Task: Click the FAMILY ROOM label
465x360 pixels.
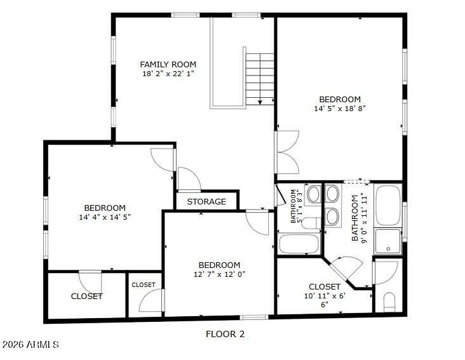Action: point(168,64)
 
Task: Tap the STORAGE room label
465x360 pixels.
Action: point(206,202)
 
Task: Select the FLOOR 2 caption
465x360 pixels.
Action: point(226,334)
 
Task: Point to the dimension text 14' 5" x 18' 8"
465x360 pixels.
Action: point(340,109)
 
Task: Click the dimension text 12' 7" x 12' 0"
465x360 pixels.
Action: point(219,274)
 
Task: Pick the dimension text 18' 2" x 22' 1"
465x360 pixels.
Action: point(168,74)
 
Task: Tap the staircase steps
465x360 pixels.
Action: point(260,79)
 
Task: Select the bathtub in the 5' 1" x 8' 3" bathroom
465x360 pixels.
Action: point(299,244)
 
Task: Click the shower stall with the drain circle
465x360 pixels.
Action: point(388,241)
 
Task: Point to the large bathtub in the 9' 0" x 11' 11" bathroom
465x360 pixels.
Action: point(388,205)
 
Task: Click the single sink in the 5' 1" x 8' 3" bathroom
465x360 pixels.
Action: point(313,195)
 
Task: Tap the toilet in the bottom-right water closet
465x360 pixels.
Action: point(389,302)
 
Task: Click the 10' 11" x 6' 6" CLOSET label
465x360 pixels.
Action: point(325,287)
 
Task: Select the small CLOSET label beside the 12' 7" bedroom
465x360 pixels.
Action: point(144,284)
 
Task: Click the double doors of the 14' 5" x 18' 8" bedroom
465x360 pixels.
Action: point(286,152)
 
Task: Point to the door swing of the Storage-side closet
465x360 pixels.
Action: point(189,179)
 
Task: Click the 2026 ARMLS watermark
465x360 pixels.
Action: point(30,344)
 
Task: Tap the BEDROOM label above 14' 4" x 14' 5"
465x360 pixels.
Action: point(105,208)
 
